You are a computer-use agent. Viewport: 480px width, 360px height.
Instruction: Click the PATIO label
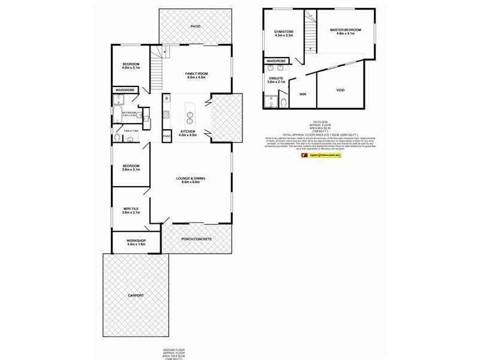point(195,27)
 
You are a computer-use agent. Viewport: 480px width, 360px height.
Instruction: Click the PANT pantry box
point(167,137)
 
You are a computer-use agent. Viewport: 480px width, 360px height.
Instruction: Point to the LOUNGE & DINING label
point(191,178)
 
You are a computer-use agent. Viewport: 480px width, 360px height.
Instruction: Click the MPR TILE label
point(131,209)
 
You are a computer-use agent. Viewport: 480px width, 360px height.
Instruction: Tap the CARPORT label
point(136,296)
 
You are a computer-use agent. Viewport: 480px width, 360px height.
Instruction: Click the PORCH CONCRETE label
point(197,239)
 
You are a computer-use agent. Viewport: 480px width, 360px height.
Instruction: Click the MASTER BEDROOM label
point(344,29)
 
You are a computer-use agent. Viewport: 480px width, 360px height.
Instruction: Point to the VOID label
point(340,89)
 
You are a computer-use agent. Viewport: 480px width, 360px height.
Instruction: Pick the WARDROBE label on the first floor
point(277,61)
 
